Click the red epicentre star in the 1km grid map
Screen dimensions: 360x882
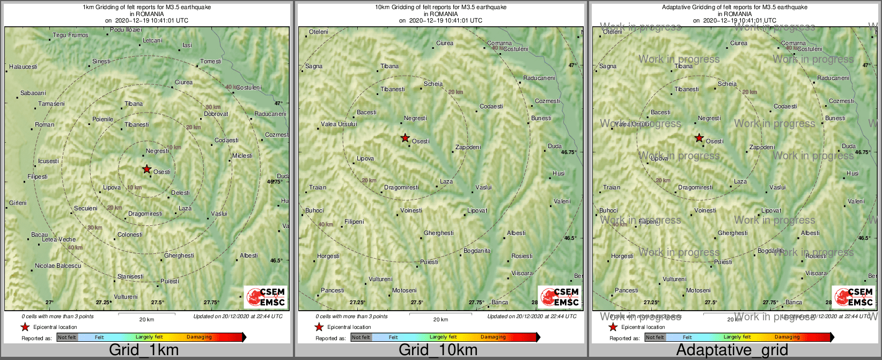[146, 169]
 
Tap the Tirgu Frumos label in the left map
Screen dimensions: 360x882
[70, 35]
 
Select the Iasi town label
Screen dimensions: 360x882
[187, 46]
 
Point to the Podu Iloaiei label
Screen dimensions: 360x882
[126, 30]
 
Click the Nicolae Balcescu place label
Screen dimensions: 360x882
[58, 266]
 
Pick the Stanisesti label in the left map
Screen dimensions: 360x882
[130, 277]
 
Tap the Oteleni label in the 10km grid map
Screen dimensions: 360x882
[319, 32]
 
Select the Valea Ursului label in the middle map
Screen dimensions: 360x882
[339, 124]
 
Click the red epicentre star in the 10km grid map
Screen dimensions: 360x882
[405, 138]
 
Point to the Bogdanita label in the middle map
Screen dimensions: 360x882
[477, 251]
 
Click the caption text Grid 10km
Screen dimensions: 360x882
[438, 350]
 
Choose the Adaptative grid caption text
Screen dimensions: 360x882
[732, 350]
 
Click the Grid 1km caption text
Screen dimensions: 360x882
[144, 350]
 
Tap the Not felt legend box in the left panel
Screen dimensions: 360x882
[67, 337]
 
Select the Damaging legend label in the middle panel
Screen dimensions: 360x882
[493, 337]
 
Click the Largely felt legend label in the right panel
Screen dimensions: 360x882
[737, 337]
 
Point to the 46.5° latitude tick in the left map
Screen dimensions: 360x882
[276, 261]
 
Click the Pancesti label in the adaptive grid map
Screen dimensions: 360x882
[627, 291]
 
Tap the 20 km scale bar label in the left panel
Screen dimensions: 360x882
[146, 320]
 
